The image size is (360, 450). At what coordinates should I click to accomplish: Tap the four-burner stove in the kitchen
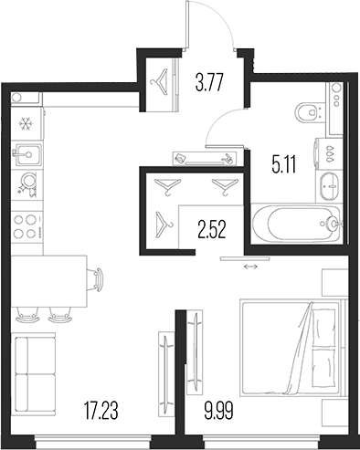click(27, 226)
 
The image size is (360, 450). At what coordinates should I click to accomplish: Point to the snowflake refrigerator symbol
click(26, 122)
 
